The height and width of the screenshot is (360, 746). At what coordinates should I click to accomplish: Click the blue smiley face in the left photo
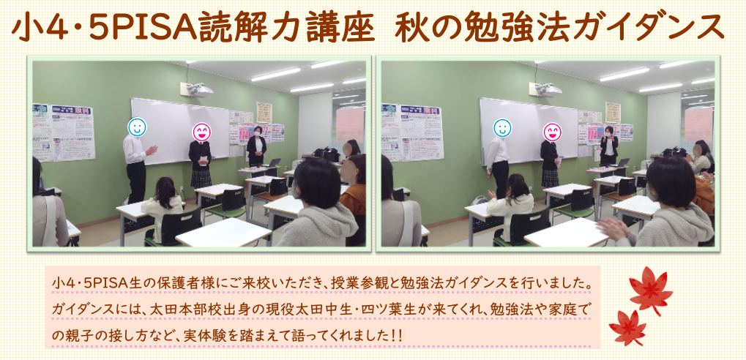(x=137, y=127)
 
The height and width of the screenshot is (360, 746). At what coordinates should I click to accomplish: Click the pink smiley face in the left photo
(x=202, y=132)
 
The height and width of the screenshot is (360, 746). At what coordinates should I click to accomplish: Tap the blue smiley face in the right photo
(x=502, y=127)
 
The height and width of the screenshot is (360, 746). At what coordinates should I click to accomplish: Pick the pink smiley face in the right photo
(x=553, y=132)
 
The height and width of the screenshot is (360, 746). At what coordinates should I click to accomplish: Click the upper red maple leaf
(x=650, y=290)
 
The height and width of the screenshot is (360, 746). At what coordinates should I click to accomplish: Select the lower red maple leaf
(x=627, y=327)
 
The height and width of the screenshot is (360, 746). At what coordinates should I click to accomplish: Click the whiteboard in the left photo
(x=180, y=131)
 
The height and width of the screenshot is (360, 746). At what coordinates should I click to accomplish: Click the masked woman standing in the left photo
(x=256, y=147)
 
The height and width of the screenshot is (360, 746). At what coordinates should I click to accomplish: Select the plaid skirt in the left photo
(x=201, y=179)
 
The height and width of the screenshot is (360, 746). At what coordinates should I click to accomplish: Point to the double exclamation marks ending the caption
(x=397, y=336)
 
